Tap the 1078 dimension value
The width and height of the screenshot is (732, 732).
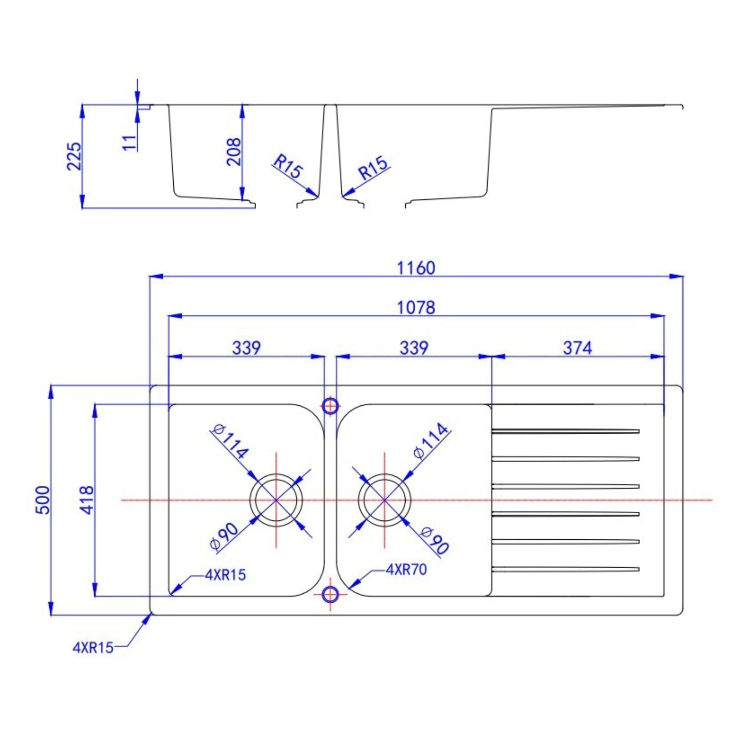416,308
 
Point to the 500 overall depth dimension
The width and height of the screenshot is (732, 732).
44,500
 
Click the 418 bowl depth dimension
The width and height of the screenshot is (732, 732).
88,500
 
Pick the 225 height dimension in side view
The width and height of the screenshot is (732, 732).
74,156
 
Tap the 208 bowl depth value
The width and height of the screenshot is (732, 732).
233,152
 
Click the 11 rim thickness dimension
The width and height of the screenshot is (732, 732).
130,143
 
